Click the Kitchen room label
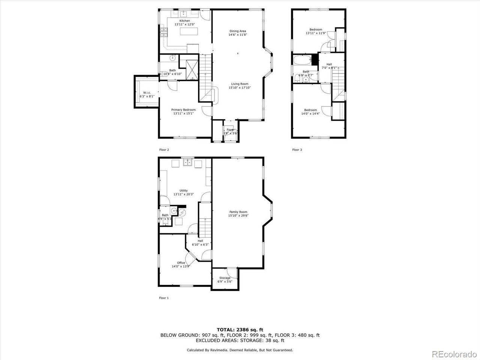tap(184, 21)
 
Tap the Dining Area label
tap(238, 31)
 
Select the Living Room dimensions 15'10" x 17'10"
tap(239, 88)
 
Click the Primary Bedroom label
tap(183, 110)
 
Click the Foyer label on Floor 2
tap(230, 130)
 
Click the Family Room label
tap(238, 212)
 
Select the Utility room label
tap(183, 190)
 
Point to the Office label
tap(181, 262)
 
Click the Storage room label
tap(225, 278)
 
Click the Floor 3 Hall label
tap(329, 64)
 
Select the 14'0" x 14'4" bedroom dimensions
tap(310, 114)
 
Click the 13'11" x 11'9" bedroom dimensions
tap(315, 33)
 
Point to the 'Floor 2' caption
tap(164, 150)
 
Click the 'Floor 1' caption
tap(164, 298)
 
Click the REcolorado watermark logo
tap(454, 354)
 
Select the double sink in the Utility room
tap(187, 163)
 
